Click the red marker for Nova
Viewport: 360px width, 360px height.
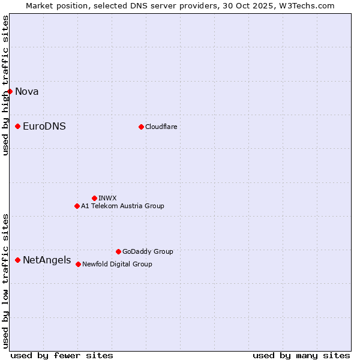(x=10, y=91)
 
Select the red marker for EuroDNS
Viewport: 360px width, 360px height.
(x=18, y=126)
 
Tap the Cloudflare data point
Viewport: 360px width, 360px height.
(x=142, y=127)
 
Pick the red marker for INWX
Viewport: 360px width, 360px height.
(x=94, y=198)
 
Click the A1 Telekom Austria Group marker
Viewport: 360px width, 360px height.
(x=77, y=206)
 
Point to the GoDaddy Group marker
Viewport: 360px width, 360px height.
(x=118, y=251)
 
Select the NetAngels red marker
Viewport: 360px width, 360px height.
(x=18, y=260)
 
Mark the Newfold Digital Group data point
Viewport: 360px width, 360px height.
(x=79, y=264)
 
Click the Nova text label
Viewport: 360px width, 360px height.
(x=27, y=91)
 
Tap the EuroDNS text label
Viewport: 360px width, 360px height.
(x=44, y=126)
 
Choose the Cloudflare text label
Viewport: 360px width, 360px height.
(x=161, y=127)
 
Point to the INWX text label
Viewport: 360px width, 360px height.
(x=107, y=198)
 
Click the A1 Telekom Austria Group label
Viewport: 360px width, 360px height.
(x=122, y=206)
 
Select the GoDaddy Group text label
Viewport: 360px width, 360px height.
(x=148, y=251)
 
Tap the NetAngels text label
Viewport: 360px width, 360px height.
(x=47, y=260)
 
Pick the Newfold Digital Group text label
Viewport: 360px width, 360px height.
(x=117, y=264)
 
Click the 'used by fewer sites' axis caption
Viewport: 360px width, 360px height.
(x=62, y=355)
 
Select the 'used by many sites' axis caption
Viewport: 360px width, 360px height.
(x=301, y=355)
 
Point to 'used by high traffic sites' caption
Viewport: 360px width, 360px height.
(x=5, y=85)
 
